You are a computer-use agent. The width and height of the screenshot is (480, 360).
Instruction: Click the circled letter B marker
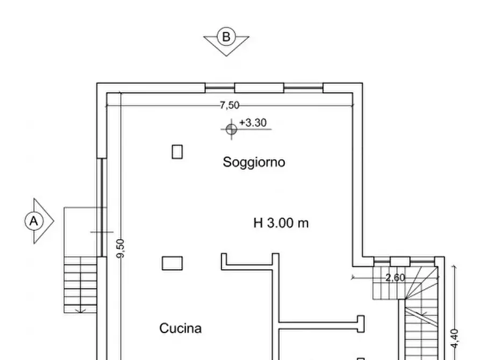[x=226, y=37]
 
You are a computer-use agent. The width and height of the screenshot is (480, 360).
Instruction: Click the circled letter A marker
[x=34, y=221]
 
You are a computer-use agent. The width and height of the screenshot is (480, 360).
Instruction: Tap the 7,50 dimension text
[x=230, y=105]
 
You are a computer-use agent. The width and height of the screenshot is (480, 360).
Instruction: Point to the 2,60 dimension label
[x=395, y=277]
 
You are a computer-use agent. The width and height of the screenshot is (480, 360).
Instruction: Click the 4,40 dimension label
[x=455, y=339]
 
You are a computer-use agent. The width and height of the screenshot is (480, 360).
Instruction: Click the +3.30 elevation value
[x=253, y=123]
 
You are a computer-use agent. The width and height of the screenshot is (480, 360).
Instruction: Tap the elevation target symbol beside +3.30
[x=231, y=129]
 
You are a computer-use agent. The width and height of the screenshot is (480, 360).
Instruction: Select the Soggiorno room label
[x=254, y=162]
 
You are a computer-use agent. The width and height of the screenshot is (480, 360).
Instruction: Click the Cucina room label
[x=181, y=328]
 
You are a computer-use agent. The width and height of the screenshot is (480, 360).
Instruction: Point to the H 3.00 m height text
[x=281, y=222]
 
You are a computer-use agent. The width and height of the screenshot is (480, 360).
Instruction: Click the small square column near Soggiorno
[x=177, y=152]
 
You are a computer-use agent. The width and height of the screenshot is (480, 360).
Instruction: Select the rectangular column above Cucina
[x=172, y=263]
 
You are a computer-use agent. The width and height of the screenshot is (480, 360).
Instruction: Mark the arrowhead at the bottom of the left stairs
[x=80, y=310]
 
